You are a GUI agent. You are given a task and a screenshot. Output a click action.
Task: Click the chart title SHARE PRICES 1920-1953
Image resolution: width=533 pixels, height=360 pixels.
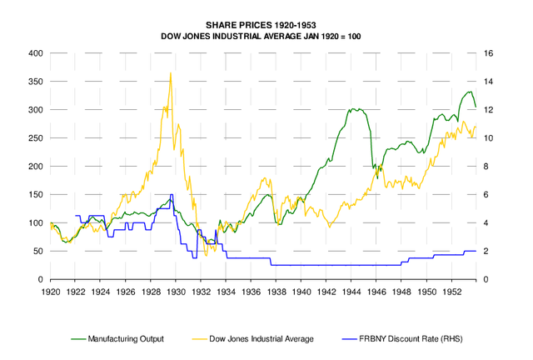tap(266, 26)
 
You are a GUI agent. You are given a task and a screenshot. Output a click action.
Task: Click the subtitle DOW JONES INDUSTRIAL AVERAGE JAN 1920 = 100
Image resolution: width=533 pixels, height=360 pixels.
tap(266, 37)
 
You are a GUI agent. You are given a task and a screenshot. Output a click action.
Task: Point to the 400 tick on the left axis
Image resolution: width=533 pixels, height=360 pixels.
tap(36, 53)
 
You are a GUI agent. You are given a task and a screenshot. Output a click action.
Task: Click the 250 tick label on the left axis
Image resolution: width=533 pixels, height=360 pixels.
tap(36, 138)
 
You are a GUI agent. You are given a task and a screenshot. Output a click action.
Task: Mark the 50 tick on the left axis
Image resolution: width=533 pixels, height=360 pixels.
tap(38, 252)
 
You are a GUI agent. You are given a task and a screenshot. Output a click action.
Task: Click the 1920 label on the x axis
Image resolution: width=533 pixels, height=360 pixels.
tap(51, 293)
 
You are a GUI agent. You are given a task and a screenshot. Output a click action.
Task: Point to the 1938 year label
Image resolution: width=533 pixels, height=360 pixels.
tap(276, 293)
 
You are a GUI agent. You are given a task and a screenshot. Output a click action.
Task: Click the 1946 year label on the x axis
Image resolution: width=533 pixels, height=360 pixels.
tap(376, 293)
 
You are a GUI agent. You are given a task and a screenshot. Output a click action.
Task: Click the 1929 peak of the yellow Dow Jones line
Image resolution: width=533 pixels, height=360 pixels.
tap(171, 72)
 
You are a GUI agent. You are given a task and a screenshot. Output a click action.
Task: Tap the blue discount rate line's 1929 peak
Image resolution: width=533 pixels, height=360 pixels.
tap(172, 195)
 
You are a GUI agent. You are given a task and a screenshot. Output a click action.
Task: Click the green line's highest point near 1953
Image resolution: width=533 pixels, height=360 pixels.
tap(469, 92)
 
